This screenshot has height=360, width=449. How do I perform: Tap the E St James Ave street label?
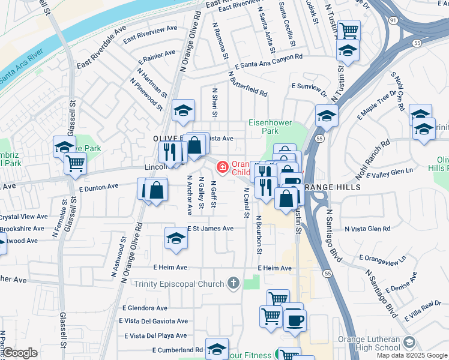tap(210, 229)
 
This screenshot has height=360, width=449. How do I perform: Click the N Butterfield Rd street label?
tap(247, 83)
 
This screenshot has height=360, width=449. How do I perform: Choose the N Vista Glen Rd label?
tap(367, 229)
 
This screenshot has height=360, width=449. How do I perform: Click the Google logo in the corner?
tap(20, 353)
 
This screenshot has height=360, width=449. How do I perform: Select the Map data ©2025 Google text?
tap(411, 355)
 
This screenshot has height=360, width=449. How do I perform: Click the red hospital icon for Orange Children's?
tap(223, 166)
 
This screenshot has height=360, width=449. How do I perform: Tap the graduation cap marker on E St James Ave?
tap(175, 238)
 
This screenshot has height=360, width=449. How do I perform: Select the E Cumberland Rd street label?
tap(177, 350)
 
